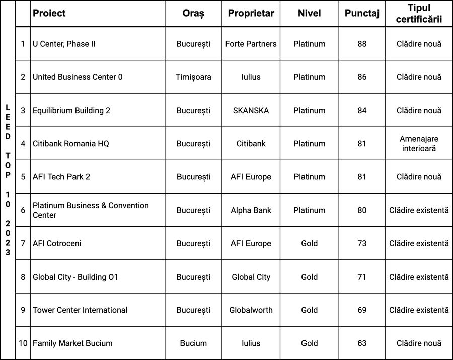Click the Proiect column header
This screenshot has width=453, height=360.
pos(49,14)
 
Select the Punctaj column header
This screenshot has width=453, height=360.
pos(362,14)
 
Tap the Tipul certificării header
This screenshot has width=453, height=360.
pos(419,14)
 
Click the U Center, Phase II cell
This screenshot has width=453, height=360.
pos(64,44)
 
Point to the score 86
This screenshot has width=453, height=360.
pos(362,77)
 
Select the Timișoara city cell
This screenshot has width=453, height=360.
pos(193,77)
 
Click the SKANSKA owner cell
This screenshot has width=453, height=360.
pos(251,110)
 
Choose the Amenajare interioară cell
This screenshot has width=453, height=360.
pos(419,143)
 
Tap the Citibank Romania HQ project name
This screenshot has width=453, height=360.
pos(70,143)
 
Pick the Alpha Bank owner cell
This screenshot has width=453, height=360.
pos(251,210)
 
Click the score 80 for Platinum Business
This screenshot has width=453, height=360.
pos(362,210)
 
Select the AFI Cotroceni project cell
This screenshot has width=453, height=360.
pos(57,243)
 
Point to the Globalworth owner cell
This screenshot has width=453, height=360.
pos(251,310)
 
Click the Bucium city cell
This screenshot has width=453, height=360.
pos(193,343)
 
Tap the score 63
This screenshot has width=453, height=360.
pos(362,343)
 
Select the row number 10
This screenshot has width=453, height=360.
pos(23,343)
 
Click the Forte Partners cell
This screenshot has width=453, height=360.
pos(251,44)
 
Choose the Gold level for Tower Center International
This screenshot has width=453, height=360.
pos(309,310)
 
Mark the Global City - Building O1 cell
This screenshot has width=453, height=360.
pos(75,277)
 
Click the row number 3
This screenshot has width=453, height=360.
pos(23,110)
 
